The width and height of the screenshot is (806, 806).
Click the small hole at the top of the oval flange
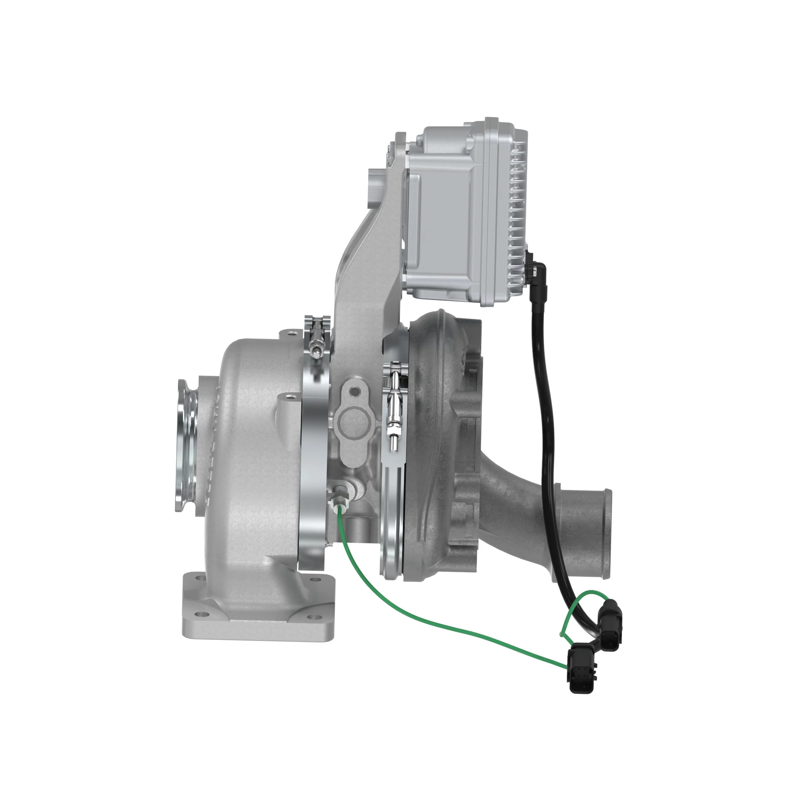click(355, 392)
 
